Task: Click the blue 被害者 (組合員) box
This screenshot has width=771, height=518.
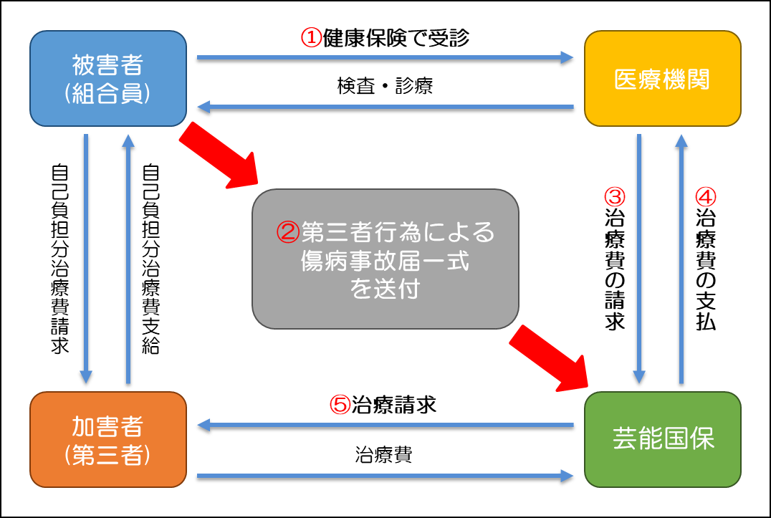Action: tap(108, 78)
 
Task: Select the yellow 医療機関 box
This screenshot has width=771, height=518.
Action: tap(662, 78)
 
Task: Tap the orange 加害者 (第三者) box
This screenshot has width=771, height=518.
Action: tap(108, 439)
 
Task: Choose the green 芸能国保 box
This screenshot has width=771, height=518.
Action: tap(662, 439)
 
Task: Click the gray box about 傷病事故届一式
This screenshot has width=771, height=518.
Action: tap(385, 259)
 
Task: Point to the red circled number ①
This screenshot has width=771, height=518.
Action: tap(310, 38)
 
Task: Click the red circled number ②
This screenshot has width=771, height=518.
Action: tap(287, 232)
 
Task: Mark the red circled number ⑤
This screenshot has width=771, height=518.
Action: tap(339, 406)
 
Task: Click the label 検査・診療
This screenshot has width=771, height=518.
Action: tap(385, 87)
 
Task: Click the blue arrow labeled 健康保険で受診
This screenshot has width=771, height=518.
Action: tap(385, 57)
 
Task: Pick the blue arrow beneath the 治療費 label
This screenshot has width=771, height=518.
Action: tap(385, 474)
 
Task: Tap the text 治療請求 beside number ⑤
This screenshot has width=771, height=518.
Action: tap(393, 406)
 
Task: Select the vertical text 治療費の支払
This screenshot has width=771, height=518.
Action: tap(706, 276)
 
